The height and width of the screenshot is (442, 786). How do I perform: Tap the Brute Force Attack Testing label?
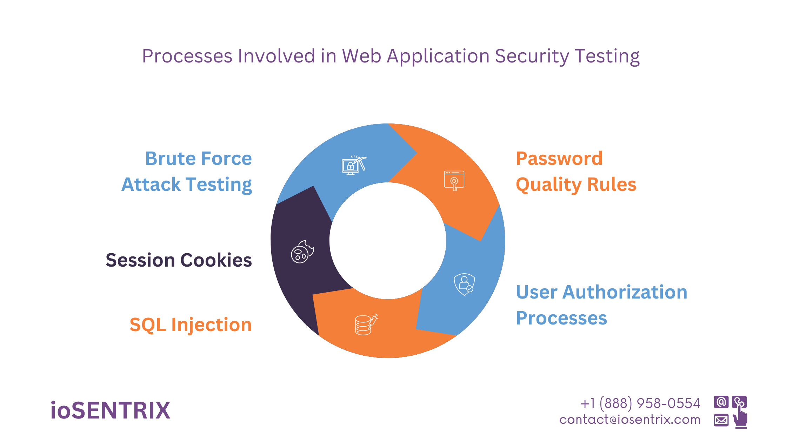pyautogui.click(x=187, y=172)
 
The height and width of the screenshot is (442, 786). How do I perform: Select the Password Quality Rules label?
pyautogui.click(x=575, y=172)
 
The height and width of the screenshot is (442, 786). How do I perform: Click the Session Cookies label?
pyautogui.click(x=179, y=260)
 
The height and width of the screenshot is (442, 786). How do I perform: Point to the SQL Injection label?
pyautogui.click(x=191, y=325)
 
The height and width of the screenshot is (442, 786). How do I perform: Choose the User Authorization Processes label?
pyautogui.click(x=601, y=305)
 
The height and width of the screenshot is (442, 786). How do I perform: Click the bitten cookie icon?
pyautogui.click(x=302, y=252)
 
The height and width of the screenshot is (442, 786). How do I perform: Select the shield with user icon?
pyautogui.click(x=464, y=284)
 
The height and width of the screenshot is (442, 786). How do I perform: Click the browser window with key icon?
pyautogui.click(x=454, y=180)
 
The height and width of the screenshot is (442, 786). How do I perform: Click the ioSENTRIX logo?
pyautogui.click(x=110, y=410)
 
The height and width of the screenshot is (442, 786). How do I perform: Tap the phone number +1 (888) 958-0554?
pyautogui.click(x=640, y=403)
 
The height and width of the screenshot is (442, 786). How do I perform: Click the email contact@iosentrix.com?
pyautogui.click(x=630, y=420)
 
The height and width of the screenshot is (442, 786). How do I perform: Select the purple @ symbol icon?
pyautogui.click(x=721, y=402)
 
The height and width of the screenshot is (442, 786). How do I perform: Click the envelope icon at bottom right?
pyautogui.click(x=721, y=420)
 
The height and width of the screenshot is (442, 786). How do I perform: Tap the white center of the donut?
pyautogui.click(x=388, y=241)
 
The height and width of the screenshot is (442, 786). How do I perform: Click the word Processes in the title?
pyautogui.click(x=187, y=56)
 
